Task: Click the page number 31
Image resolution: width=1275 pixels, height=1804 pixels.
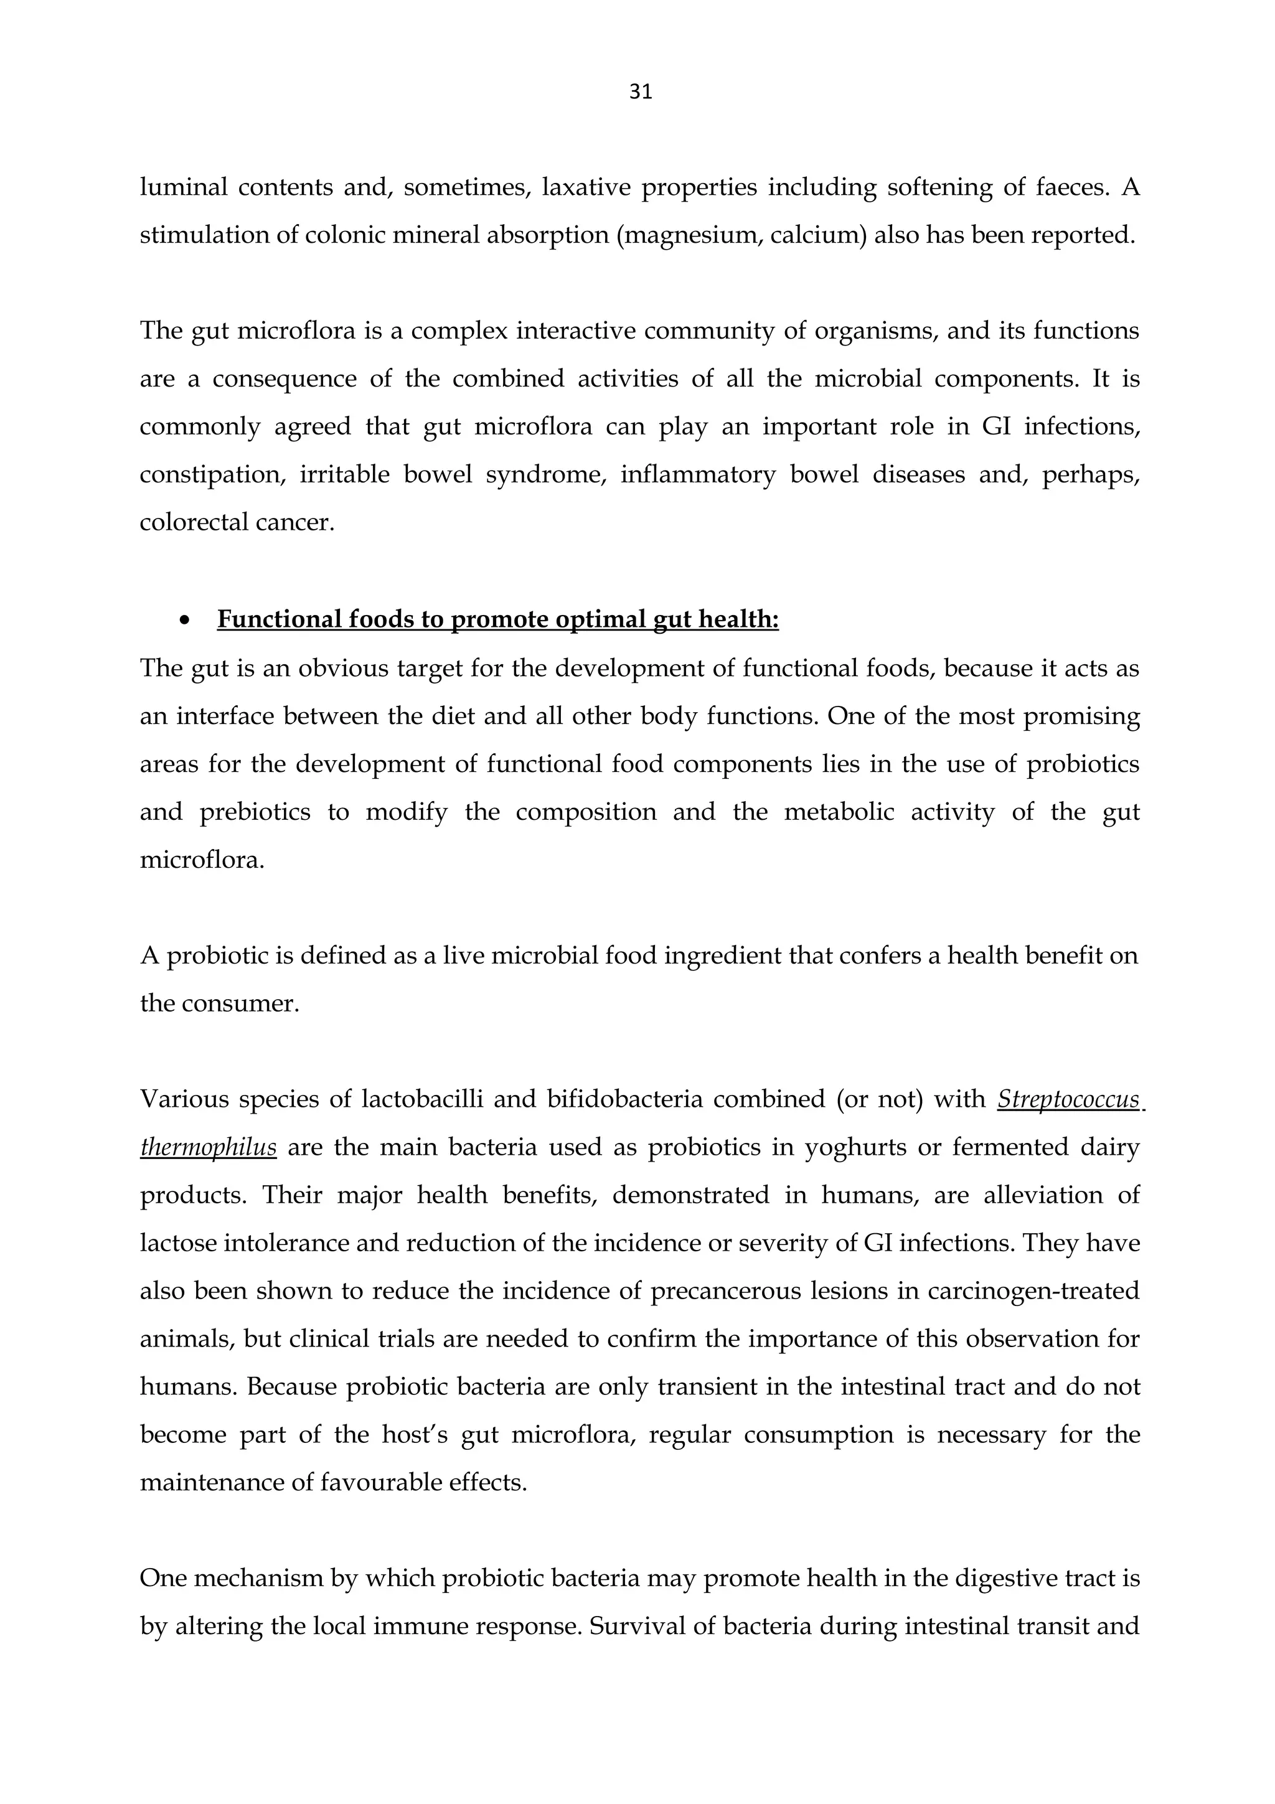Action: click(x=640, y=93)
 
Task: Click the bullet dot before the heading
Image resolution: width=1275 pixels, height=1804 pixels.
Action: click(x=185, y=621)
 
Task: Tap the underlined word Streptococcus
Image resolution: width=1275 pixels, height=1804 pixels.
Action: click(x=1068, y=1099)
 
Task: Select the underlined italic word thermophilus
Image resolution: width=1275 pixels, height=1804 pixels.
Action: click(x=208, y=1147)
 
